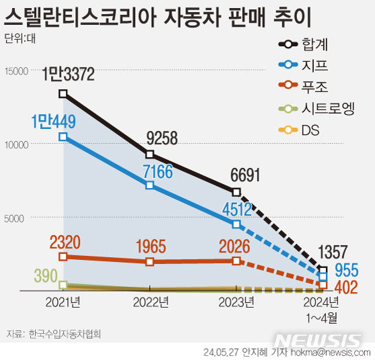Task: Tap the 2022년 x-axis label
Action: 150,303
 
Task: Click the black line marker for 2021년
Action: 62,93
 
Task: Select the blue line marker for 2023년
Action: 237,224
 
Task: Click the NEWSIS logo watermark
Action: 319,340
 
